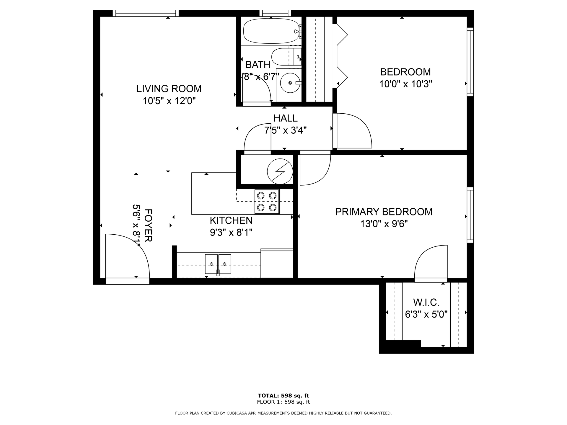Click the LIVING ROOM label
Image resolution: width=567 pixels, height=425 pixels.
click(169, 89)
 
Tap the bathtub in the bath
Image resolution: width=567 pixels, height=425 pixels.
click(271, 31)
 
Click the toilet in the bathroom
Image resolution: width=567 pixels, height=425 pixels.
click(286, 57)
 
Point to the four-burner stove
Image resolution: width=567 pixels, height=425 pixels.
click(267, 202)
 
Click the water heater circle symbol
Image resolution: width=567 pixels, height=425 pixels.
click(280, 171)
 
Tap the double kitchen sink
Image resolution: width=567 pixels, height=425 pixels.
click(218, 264)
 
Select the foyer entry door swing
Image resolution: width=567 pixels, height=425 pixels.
click(128, 256)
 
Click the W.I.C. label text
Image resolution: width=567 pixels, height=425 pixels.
click(426, 302)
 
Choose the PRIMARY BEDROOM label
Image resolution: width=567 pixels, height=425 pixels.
click(384, 212)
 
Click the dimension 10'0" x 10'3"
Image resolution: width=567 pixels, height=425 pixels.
click(405, 84)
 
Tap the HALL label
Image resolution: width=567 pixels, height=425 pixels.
click(285, 118)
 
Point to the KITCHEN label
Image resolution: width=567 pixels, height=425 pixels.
click(231, 220)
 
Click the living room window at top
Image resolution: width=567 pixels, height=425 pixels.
click(146, 13)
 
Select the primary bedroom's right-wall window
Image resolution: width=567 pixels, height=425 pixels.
click(470, 215)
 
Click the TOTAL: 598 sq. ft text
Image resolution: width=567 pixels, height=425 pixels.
click(283, 395)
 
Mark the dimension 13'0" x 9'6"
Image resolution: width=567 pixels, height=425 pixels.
click(384, 224)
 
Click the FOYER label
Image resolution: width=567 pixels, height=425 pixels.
click(148, 225)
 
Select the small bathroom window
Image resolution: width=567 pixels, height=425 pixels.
click(275, 13)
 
